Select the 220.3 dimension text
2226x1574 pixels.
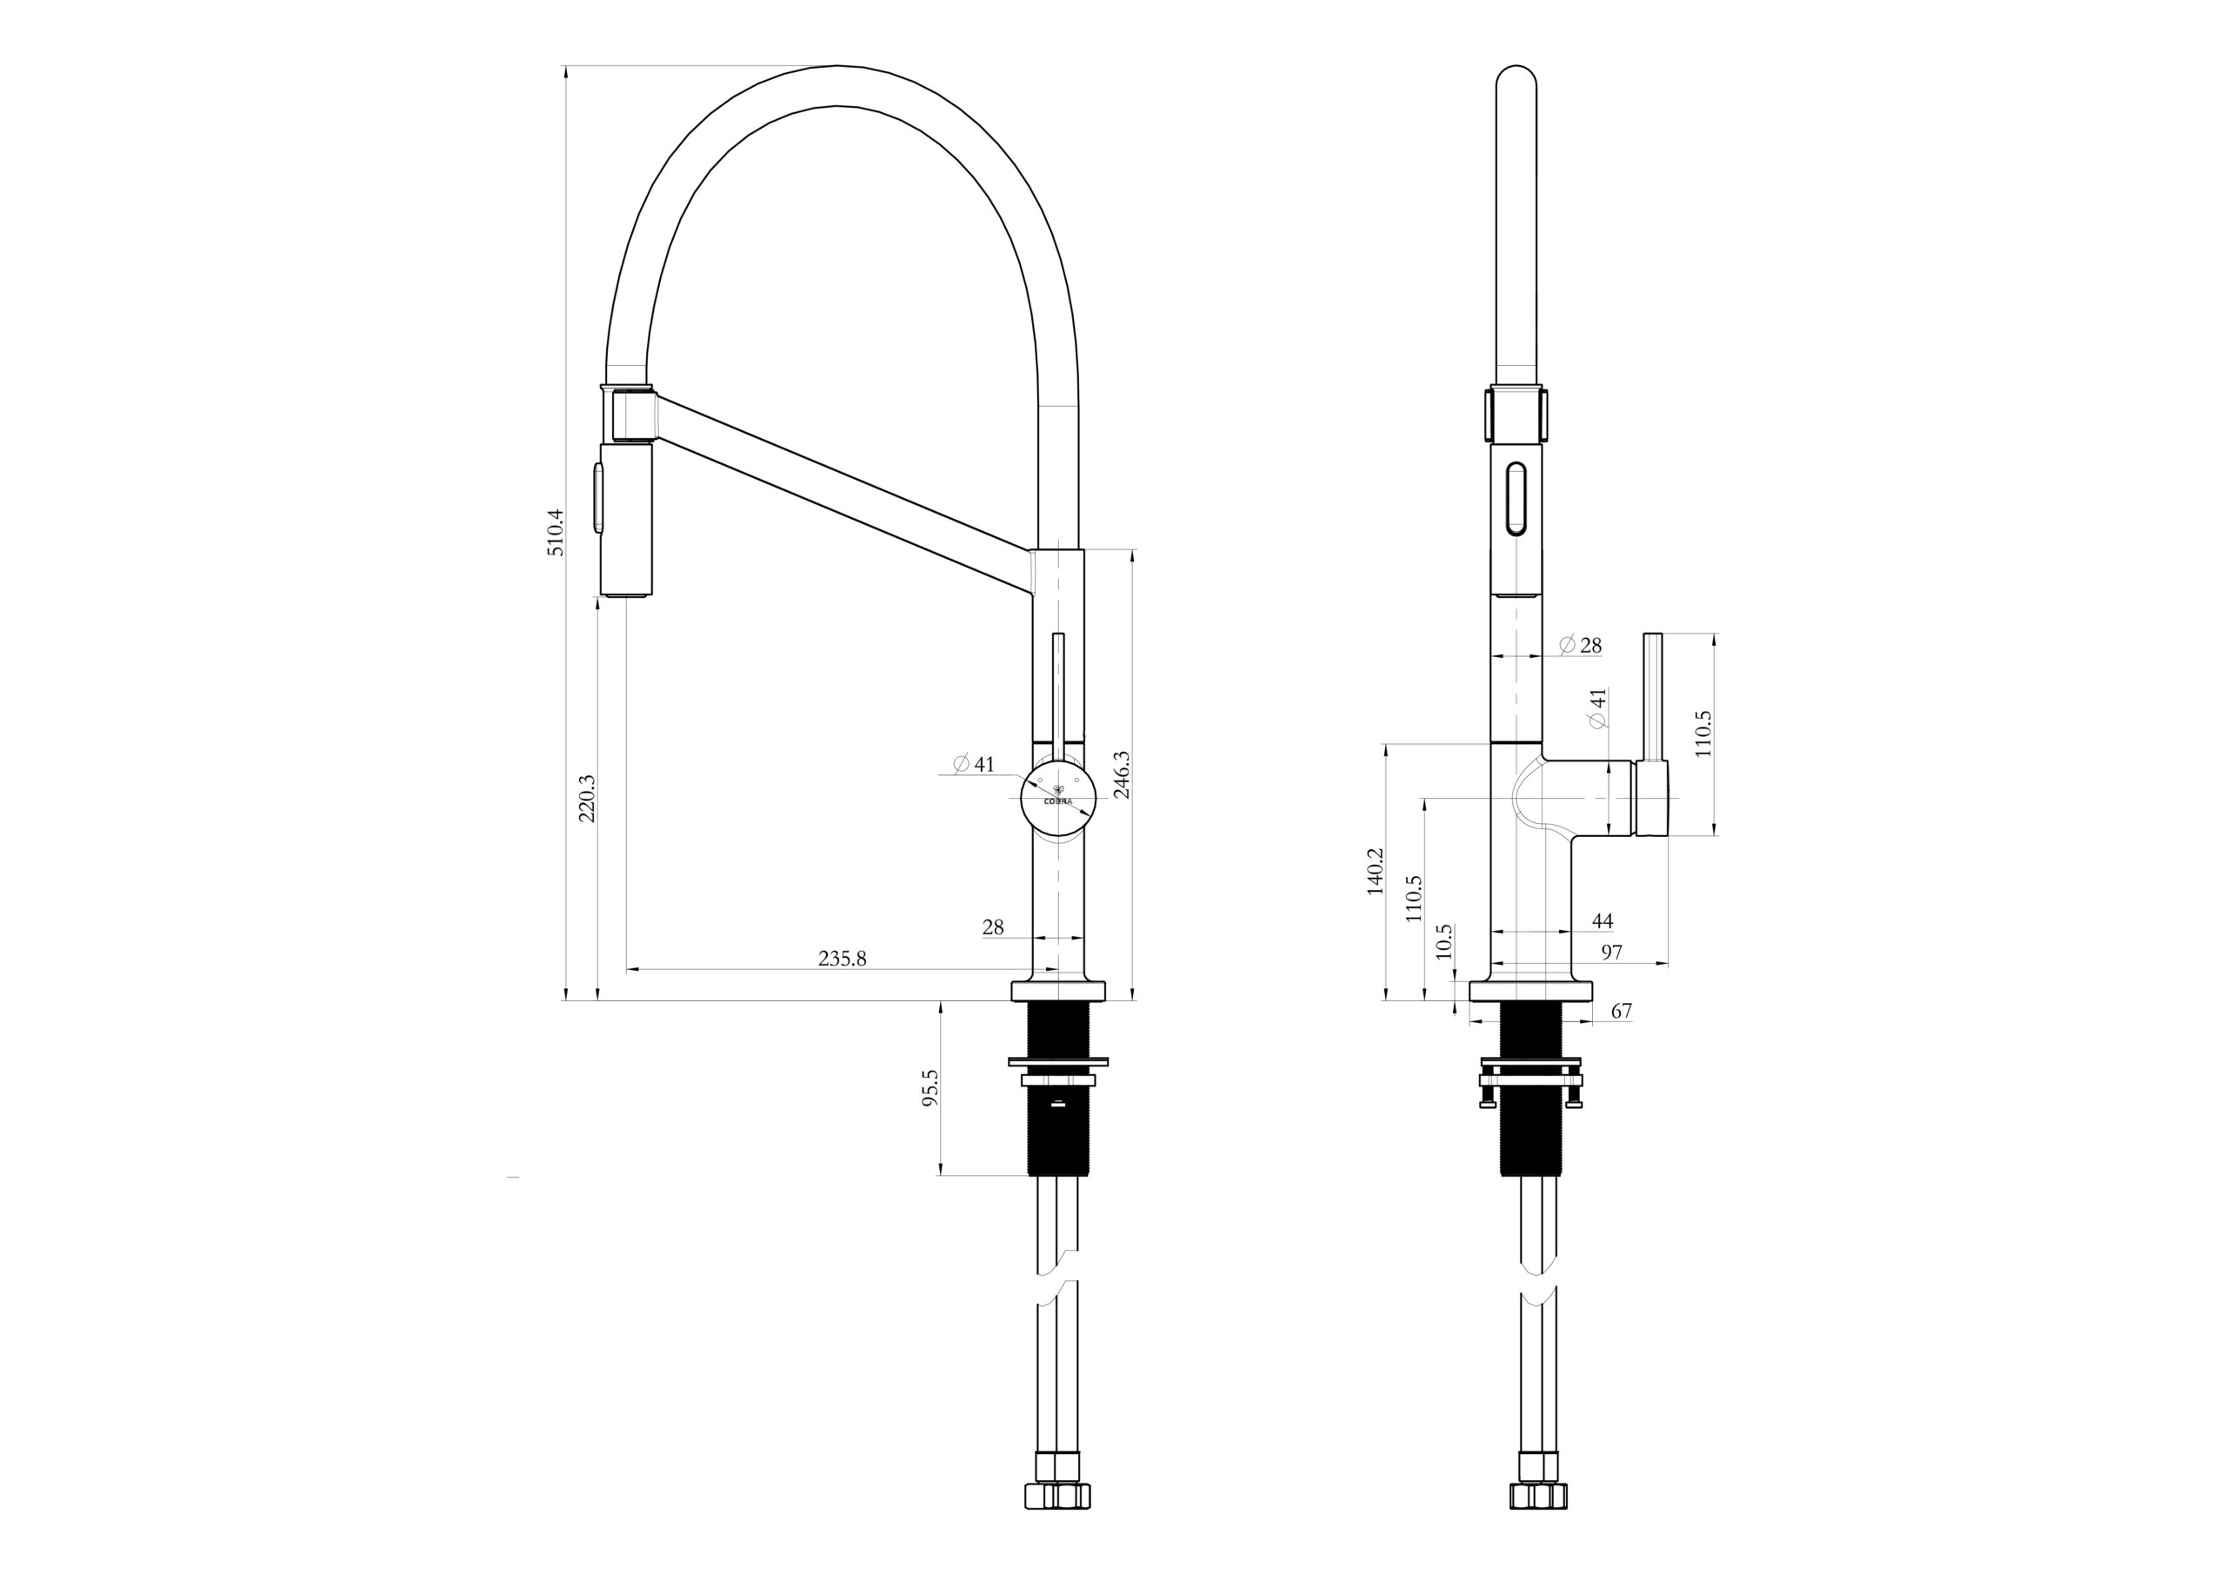587,798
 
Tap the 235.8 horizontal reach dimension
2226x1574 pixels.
842,959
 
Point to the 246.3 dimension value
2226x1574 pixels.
1122,774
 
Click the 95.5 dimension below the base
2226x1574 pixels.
930,1088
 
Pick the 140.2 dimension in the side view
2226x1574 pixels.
1375,872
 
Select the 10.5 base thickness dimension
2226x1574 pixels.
1444,941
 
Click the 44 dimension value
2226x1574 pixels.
1603,920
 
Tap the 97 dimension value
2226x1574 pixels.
1611,953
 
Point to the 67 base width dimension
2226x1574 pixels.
1621,1011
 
